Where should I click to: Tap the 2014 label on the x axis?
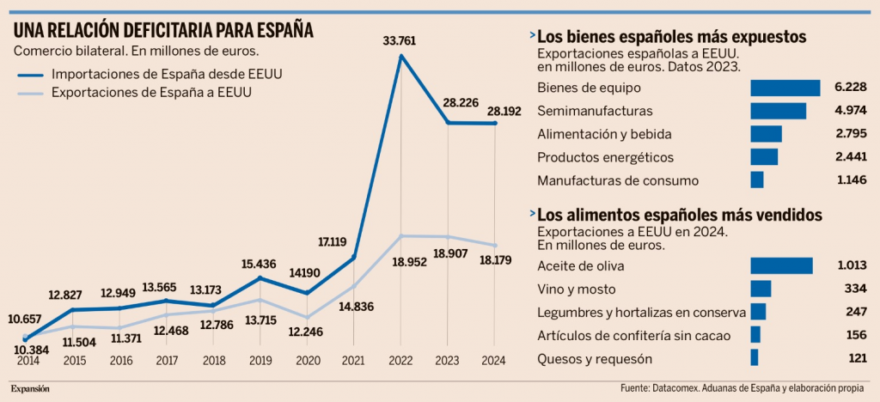pyautogui.click(x=28, y=361)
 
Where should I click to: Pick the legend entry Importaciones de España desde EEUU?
pyautogui.click(x=167, y=74)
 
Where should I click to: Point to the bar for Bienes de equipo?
pyautogui.click(x=785, y=88)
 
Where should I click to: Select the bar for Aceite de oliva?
pyautogui.click(x=781, y=265)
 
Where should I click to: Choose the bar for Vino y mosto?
pyautogui.click(x=761, y=289)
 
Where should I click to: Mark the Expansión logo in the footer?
pyautogui.click(x=30, y=388)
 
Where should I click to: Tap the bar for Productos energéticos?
pyautogui.click(x=764, y=157)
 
